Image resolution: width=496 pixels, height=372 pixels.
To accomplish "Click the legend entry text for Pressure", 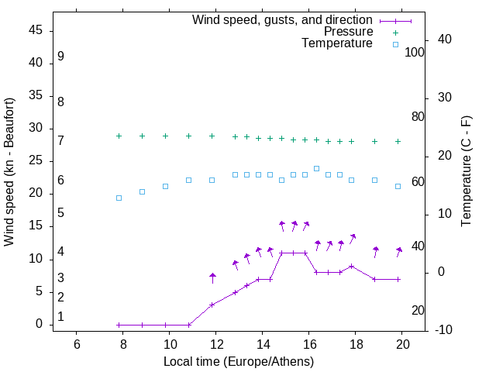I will pyautogui.click(x=348, y=32).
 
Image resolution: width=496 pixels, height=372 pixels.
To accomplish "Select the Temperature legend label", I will pyautogui.click(x=337, y=44).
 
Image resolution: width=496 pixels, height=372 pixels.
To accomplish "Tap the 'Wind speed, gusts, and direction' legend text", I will pyautogui.click(x=283, y=19).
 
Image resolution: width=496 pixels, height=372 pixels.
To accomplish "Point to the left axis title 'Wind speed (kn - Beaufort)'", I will pyautogui.click(x=9, y=172).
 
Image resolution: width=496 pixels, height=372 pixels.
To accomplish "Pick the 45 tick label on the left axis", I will pyautogui.click(x=36, y=30).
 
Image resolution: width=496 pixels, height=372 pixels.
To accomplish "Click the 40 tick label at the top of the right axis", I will pyautogui.click(x=424, y=40).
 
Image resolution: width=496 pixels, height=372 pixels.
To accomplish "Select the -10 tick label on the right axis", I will pyautogui.click(x=422, y=330).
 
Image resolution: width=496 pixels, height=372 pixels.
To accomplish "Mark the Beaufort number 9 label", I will pyautogui.click(x=60, y=57).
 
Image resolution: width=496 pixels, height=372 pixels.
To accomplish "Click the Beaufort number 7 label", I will pyautogui.click(x=60, y=140).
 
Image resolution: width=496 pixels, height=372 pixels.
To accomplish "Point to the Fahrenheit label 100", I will pyautogui.click(x=415, y=53).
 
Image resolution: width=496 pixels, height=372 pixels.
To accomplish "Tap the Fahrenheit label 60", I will pyautogui.click(x=418, y=181).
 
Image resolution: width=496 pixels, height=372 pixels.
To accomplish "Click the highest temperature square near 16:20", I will pyautogui.click(x=316, y=168).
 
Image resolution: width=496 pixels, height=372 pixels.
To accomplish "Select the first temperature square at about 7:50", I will pyautogui.click(x=119, y=198).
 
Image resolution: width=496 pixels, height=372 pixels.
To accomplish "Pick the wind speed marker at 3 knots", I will pyautogui.click(x=212, y=305).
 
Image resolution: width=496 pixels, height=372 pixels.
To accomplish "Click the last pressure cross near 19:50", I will pyautogui.click(x=398, y=142).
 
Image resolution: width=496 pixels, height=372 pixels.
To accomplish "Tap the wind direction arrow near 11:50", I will pyautogui.click(x=212, y=277).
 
